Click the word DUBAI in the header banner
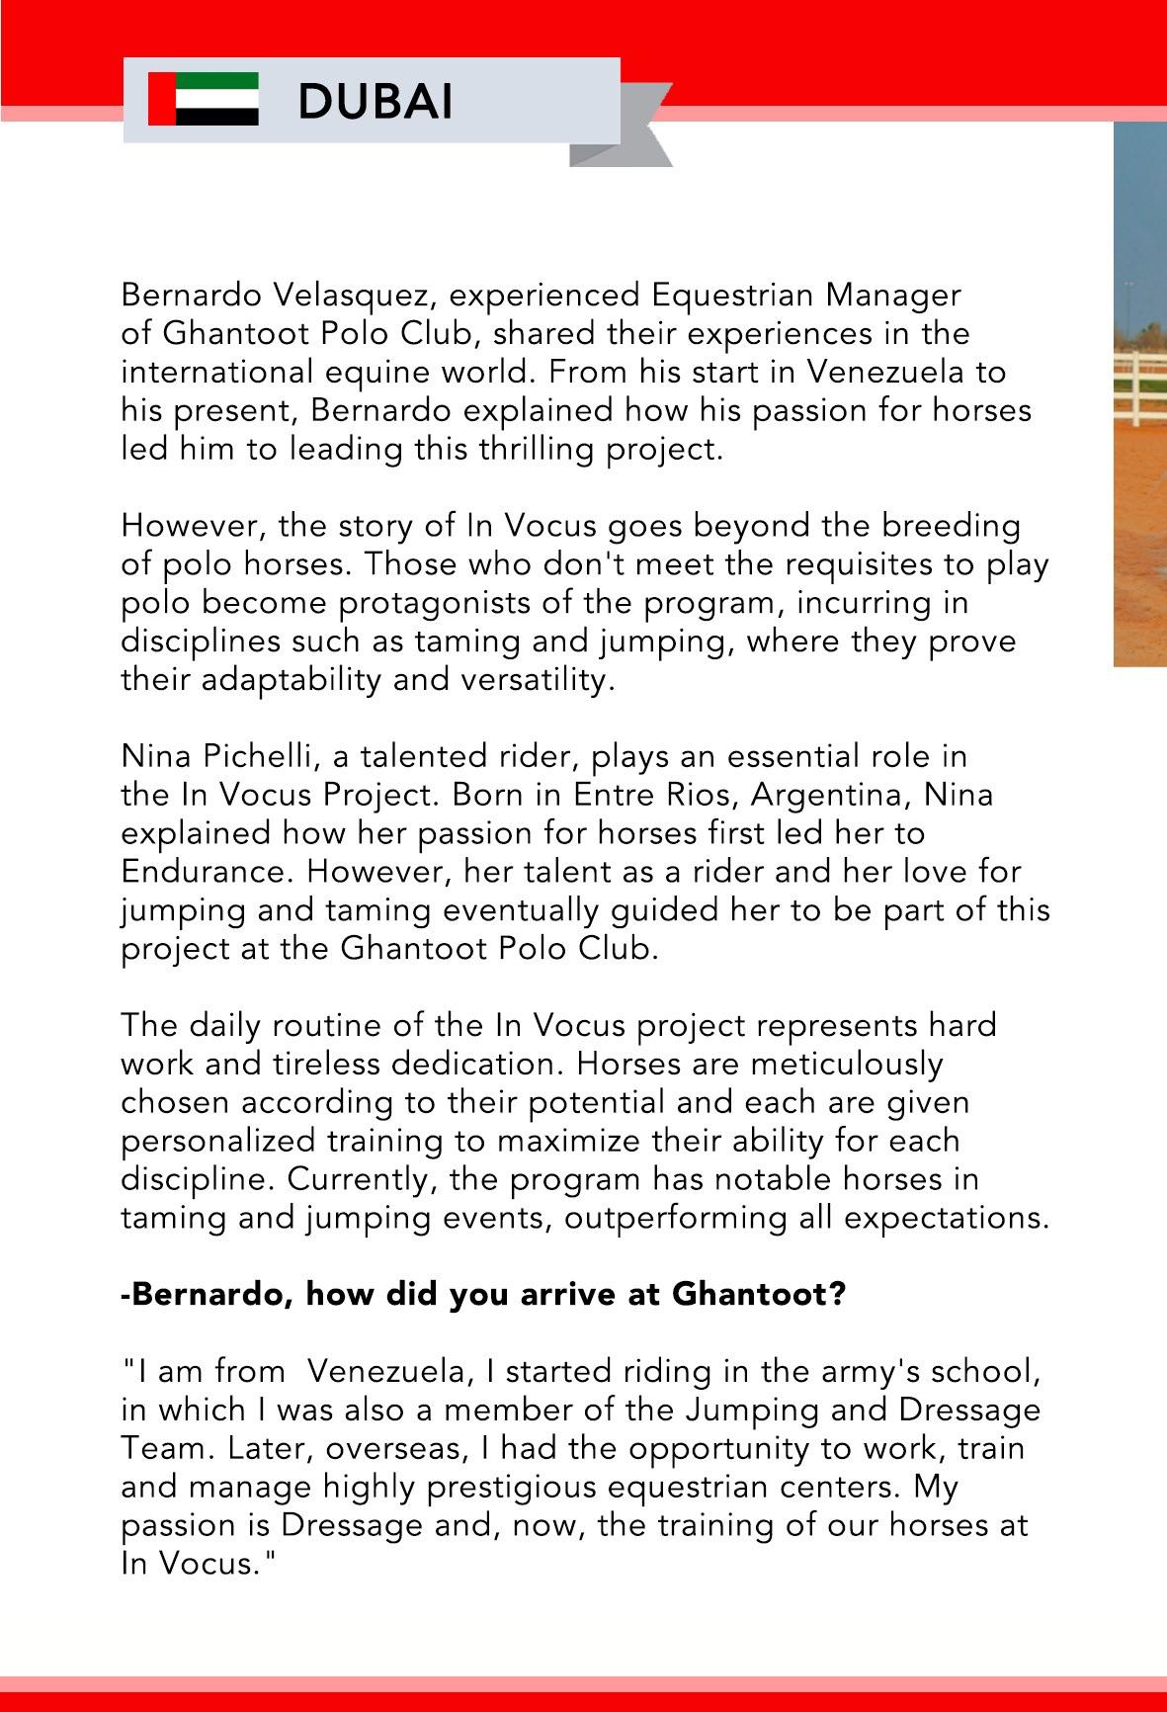pyautogui.click(x=375, y=101)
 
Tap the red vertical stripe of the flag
pyautogui.click(x=161, y=99)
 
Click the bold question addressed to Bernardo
pyautogui.click(x=483, y=1294)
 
